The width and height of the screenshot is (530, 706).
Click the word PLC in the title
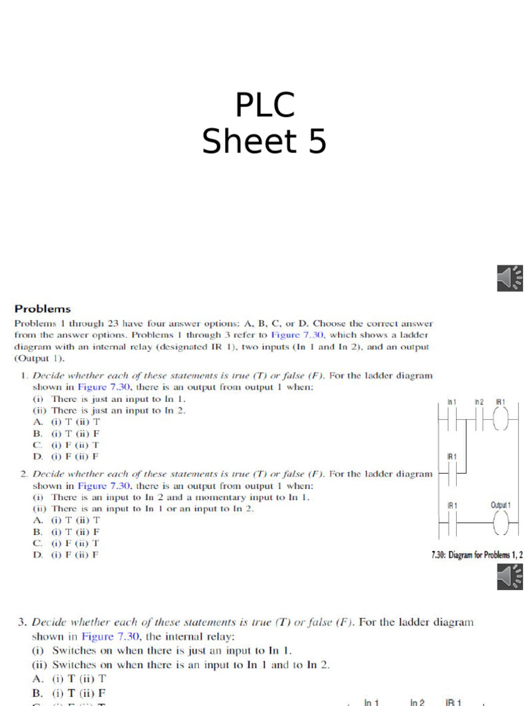[264, 106]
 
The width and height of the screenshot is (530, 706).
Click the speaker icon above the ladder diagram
[509, 277]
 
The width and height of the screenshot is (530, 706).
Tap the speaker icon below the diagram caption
[509, 576]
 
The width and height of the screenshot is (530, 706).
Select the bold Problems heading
[43, 309]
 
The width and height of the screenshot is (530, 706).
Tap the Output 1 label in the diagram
[500, 505]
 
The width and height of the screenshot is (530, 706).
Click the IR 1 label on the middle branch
[452, 456]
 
